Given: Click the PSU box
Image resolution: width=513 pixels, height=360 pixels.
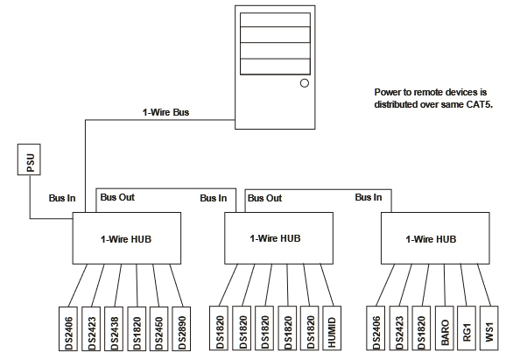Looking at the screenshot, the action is coord(29,159).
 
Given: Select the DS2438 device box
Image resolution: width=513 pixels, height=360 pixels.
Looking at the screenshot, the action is coord(114,329).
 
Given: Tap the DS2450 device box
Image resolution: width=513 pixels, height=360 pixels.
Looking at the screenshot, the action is coord(159,329).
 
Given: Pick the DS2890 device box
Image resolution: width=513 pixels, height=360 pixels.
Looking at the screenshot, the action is coord(181,329).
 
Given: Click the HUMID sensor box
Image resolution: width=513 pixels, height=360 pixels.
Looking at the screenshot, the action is coord(332,328).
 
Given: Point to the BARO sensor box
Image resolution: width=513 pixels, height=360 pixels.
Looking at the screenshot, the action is coord(445,328).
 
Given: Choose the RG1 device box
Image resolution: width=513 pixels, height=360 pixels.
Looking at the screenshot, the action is coord(467,328).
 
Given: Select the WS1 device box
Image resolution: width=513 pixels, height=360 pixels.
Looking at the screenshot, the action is coord(489,328).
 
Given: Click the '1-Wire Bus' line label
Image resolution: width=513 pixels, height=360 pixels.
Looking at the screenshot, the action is coord(165,112).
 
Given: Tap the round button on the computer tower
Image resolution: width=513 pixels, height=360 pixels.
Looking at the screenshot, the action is coord(305,83).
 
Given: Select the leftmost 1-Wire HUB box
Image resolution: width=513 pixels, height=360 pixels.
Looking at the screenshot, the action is coord(127,238).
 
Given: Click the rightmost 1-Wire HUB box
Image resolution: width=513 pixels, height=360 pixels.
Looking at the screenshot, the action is coord(435,238).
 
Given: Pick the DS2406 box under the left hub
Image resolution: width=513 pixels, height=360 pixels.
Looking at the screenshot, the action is coord(68,329).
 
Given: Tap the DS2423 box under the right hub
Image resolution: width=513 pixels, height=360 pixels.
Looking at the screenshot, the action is coord(398,328).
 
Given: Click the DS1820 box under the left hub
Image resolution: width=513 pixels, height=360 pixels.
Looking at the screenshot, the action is coord(137,329).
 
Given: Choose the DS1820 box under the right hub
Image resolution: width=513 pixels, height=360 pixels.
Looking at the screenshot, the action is coord(421,328).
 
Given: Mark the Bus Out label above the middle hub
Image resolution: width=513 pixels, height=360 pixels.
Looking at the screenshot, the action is coord(264,198).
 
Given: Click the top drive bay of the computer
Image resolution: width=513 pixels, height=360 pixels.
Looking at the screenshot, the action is coord(275,20).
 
